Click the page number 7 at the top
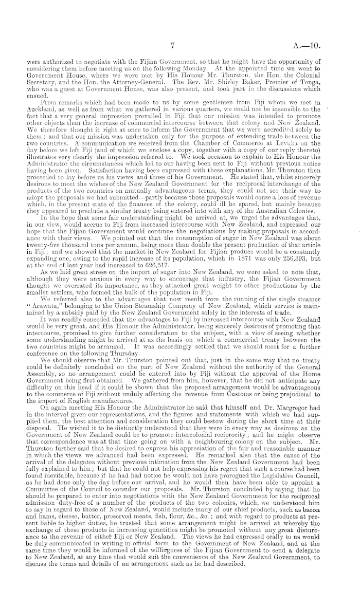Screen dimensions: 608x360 pyautogui.click(x=175, y=46)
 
